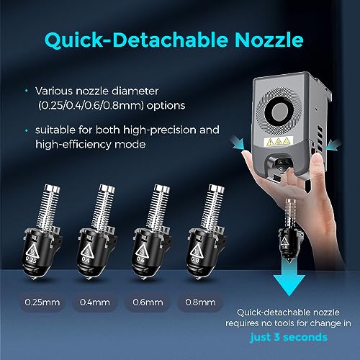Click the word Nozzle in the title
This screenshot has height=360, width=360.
[269, 40]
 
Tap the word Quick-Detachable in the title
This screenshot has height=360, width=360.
[136, 40]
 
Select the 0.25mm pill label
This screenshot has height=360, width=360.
[42, 302]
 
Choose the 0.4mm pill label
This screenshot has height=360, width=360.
[95, 302]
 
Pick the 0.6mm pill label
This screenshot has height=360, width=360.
[148, 302]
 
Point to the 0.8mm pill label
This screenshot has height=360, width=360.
[200, 302]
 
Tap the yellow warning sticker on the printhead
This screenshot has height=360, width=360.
[279, 141]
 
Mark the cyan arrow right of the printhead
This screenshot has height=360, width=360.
[334, 145]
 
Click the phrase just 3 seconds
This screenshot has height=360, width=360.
[289, 337]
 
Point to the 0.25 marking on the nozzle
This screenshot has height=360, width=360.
[30, 259]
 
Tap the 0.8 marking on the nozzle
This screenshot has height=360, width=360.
[194, 259]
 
